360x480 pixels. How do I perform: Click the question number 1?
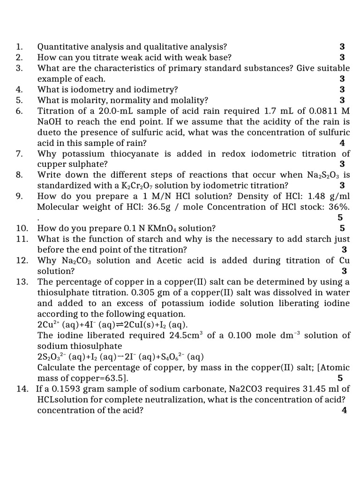pos(19,47)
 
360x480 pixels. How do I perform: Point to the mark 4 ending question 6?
pos(342,143)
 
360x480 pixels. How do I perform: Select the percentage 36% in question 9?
pos(341,207)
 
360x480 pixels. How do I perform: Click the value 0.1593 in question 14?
pos(75,389)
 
